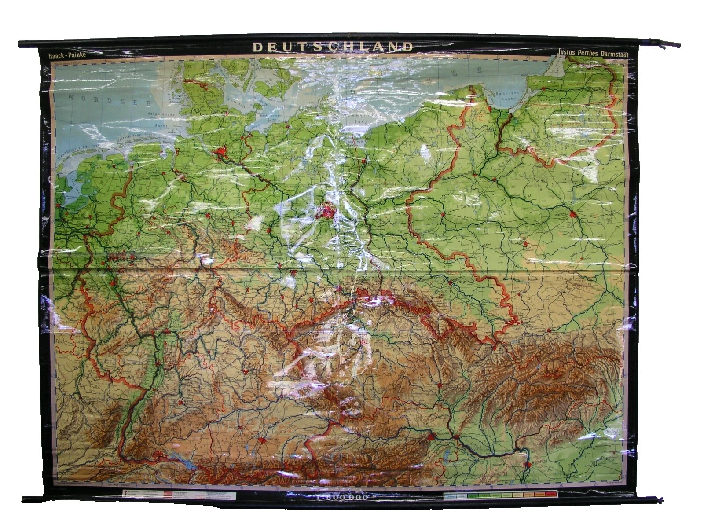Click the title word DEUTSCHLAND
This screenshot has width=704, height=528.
333,47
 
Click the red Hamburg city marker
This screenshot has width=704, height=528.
220,153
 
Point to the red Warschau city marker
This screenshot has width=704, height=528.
572,214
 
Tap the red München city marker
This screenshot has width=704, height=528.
263,441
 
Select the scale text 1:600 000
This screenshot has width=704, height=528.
341,498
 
